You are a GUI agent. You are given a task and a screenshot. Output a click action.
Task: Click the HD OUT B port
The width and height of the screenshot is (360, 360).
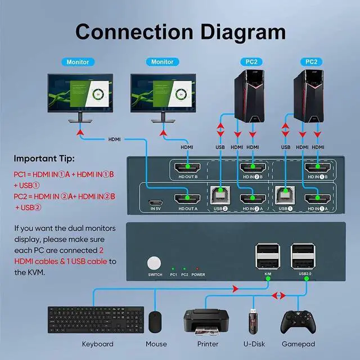tap(187, 168)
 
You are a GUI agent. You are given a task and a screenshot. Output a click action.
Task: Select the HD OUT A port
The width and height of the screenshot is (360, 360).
tap(187, 199)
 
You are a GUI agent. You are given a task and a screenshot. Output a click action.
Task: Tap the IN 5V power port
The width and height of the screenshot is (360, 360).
tap(155, 202)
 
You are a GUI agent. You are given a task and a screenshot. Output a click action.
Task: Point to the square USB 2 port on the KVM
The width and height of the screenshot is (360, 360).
tap(220, 195)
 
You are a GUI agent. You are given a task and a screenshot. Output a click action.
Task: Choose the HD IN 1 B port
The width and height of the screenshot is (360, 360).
tap(317, 168)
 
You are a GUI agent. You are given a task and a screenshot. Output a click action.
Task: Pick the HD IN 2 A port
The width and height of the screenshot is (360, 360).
tap(253, 199)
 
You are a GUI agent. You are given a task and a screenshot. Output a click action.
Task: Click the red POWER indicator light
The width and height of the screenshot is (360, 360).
tap(197, 268)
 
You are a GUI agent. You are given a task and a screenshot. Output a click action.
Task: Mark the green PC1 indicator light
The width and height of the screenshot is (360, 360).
tap(173, 268)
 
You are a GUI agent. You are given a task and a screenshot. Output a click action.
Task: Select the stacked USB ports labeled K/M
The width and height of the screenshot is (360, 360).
tap(268, 256)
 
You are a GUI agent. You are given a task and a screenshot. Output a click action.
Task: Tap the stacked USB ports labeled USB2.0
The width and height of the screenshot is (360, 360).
tap(303, 256)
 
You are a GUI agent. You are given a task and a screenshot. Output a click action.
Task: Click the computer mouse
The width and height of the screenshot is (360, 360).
tap(155, 322)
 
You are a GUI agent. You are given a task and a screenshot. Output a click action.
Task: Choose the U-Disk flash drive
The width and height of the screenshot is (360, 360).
tap(253, 321)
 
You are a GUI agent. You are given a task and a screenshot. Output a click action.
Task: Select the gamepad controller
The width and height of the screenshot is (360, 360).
tap(298, 322)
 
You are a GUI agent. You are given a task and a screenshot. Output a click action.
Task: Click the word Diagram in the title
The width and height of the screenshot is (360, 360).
tap(243, 32)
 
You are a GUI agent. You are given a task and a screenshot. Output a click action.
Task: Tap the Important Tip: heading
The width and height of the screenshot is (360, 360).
tap(44, 159)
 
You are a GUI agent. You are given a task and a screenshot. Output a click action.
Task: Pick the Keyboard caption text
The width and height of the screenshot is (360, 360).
tap(97, 344)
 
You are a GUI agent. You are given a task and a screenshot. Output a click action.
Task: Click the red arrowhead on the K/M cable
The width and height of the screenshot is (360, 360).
tap(236, 289)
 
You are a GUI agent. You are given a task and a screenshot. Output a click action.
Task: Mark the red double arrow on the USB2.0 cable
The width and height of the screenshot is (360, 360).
tap(278, 295)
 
